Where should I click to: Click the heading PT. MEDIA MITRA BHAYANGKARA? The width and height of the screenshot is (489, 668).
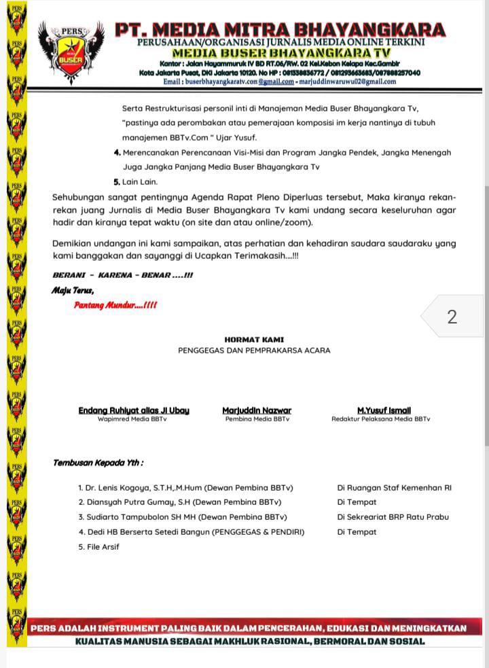click(280, 30)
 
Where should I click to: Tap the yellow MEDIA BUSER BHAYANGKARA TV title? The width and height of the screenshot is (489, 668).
click(280, 52)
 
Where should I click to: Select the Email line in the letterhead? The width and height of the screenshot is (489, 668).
click(280, 82)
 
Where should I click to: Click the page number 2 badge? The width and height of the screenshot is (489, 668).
click(452, 317)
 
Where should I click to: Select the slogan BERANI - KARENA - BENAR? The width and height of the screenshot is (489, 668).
click(123, 276)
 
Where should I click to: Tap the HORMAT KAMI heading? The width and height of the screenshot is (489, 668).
click(254, 339)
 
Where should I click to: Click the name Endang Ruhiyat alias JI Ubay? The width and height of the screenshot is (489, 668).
click(134, 410)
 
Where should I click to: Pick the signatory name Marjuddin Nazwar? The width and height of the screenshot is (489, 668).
click(257, 410)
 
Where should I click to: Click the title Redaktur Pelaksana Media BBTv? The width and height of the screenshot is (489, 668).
click(380, 419)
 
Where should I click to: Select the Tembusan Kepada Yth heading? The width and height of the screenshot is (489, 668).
click(98, 463)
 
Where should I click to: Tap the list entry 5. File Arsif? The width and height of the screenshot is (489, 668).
click(99, 547)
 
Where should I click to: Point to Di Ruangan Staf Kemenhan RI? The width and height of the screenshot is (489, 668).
click(394, 487)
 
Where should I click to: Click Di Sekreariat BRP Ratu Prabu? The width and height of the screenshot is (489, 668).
click(393, 517)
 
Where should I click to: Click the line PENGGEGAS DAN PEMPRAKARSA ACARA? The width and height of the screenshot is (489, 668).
click(254, 351)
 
